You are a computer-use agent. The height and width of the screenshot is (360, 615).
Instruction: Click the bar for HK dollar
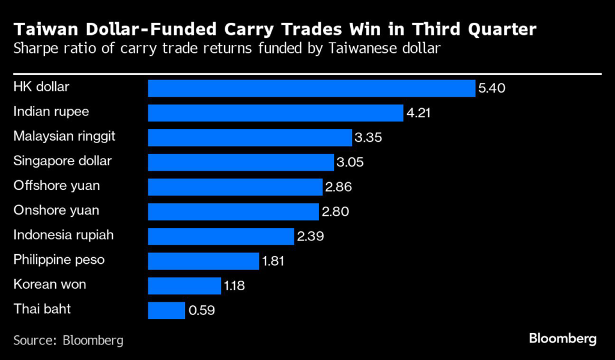click(312, 88)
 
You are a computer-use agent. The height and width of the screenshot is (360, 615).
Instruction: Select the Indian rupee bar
click(275, 113)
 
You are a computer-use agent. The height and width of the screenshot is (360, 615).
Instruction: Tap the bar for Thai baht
click(166, 310)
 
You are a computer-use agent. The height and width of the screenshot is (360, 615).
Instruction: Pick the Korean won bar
click(184, 285)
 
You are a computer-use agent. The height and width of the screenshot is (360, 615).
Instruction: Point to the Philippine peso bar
click(203, 261)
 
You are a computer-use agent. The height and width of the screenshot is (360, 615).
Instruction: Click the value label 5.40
click(492, 88)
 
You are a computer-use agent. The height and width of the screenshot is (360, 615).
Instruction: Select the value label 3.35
click(368, 138)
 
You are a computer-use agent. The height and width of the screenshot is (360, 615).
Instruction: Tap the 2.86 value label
click(338, 187)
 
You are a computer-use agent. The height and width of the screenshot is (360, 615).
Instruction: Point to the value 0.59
click(201, 311)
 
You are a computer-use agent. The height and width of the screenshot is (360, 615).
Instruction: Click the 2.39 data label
click(310, 236)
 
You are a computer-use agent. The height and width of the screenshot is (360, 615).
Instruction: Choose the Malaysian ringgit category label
click(64, 136)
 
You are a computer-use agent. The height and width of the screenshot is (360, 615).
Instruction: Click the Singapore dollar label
click(62, 161)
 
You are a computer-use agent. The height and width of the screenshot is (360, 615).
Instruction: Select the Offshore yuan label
click(56, 186)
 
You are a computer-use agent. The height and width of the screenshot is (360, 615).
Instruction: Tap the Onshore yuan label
click(56, 210)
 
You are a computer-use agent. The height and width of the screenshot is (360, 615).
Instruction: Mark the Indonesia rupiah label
click(64, 235)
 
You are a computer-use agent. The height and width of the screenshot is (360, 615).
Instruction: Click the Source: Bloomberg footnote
click(68, 340)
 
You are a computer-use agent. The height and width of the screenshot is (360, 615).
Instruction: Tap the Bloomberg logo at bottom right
click(563, 339)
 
